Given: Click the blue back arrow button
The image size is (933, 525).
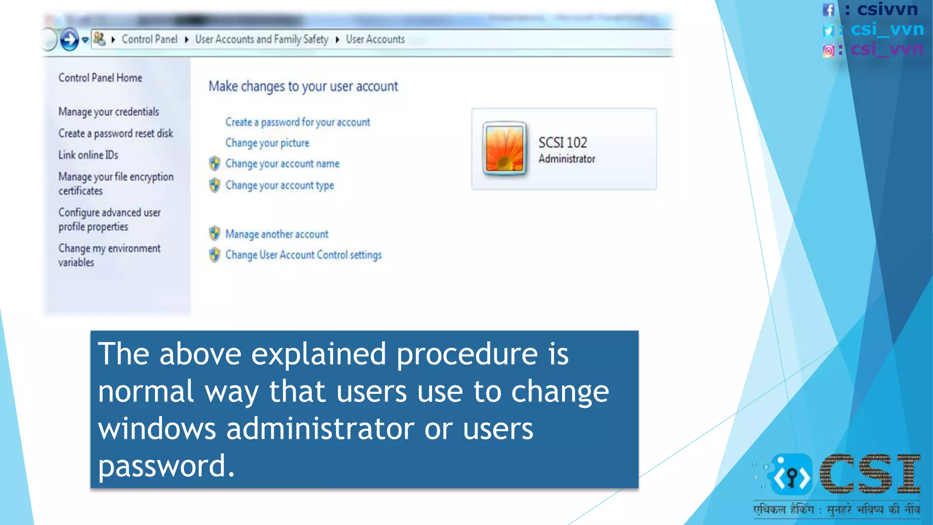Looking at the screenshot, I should click(x=69, y=40).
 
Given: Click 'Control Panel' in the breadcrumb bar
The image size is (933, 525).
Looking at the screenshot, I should click(x=149, y=40).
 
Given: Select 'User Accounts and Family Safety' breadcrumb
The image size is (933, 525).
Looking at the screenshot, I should click(x=261, y=40).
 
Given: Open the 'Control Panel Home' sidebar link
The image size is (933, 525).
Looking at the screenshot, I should click(x=100, y=78).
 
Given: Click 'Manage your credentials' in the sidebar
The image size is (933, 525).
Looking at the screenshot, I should click(x=108, y=112).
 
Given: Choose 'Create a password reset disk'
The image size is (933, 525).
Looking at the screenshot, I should click(x=116, y=134).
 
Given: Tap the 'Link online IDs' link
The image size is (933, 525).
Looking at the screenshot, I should click(x=88, y=155).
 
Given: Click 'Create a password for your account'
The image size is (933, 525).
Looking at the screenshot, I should click(x=297, y=122).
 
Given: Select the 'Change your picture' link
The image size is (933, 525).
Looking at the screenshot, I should click(x=267, y=143).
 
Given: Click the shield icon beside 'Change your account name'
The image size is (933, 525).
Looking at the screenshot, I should click(x=215, y=163).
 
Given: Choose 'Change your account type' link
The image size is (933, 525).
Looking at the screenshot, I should click(x=279, y=185).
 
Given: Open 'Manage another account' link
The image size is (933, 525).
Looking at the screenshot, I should click(x=277, y=234).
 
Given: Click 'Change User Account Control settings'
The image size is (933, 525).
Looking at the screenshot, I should click(x=303, y=255).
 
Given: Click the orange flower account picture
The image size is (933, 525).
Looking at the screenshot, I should click(x=504, y=149).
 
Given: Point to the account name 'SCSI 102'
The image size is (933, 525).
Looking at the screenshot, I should click(x=563, y=143).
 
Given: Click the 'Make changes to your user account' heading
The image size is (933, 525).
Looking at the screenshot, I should click(x=303, y=87).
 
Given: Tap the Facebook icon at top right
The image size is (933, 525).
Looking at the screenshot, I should click(x=829, y=10).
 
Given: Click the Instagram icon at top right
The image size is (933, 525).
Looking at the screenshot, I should click(x=829, y=50).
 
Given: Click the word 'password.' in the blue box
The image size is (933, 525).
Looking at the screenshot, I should click(x=166, y=466).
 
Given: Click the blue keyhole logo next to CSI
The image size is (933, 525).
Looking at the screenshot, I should click(x=792, y=476).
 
